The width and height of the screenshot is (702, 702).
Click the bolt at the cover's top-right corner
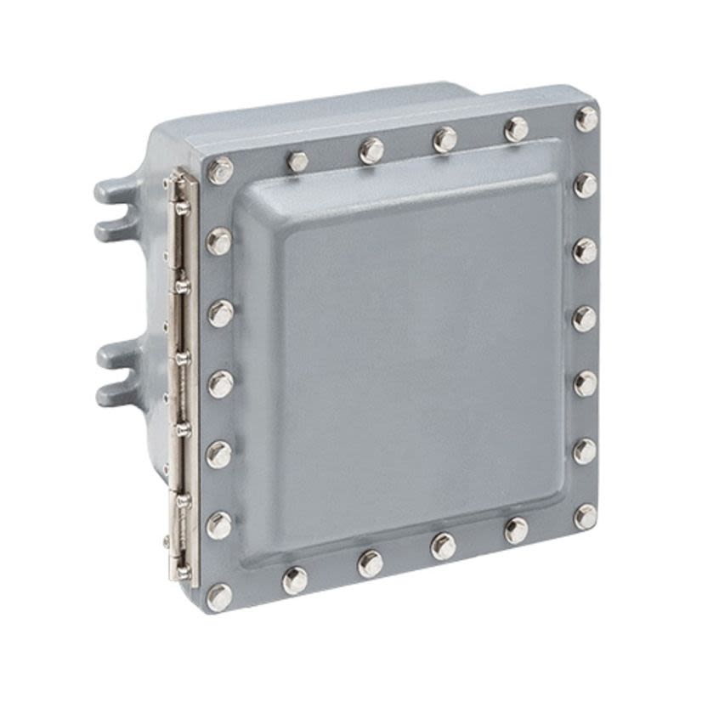(x=586, y=119)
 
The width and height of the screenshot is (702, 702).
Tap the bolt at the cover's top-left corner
(x=220, y=170)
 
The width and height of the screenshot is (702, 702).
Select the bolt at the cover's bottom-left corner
(x=219, y=597)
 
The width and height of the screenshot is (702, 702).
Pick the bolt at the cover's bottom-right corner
(x=585, y=517)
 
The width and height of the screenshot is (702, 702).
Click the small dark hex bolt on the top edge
(x=297, y=161)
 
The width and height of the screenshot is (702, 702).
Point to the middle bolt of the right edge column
(x=585, y=318)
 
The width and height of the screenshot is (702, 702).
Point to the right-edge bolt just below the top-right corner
(x=585, y=184)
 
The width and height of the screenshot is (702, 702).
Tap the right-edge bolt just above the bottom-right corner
(x=585, y=450)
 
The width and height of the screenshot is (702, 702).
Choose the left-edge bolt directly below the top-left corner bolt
(x=219, y=241)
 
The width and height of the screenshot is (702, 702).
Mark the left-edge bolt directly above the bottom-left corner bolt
(x=219, y=524)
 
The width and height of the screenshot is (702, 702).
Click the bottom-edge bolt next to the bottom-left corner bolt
(x=295, y=580)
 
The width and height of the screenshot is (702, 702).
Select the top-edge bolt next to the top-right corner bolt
(x=516, y=129)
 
